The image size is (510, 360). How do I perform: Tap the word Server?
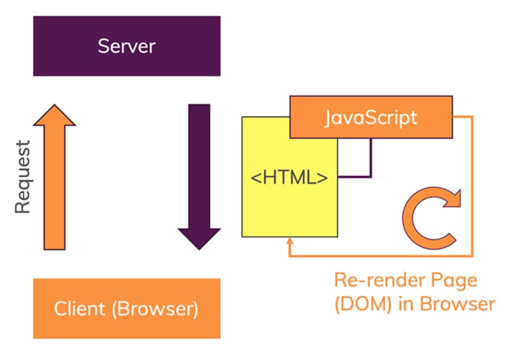click(x=126, y=46)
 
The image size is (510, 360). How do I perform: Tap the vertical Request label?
click(x=23, y=177)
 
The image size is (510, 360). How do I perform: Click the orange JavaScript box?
click(x=370, y=117)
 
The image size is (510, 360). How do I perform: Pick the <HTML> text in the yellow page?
click(x=289, y=176)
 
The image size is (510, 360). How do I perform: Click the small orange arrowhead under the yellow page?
click(x=290, y=243)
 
